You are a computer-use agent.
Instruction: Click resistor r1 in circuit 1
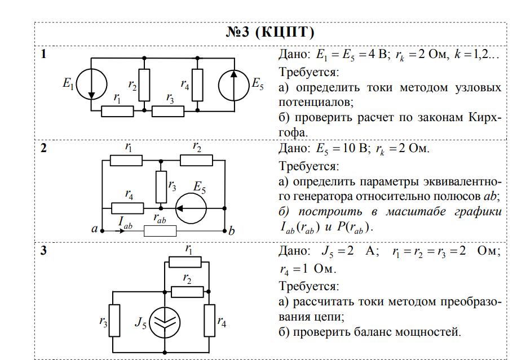tap(117, 111)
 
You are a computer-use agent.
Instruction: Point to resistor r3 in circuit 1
tap(168, 111)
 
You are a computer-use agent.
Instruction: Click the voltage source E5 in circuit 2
tap(191, 208)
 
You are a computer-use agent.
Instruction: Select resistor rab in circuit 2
tap(160, 230)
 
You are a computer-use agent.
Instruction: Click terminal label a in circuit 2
tap(94, 230)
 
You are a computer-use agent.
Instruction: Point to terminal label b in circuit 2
tap(231, 230)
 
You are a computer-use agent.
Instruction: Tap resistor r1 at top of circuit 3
tap(185, 261)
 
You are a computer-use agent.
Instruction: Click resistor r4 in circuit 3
tap(209, 321)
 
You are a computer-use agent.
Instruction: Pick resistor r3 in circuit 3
tap(114, 321)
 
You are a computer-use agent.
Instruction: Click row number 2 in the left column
tap(45, 149)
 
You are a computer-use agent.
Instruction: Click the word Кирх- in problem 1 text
tap(485, 118)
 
